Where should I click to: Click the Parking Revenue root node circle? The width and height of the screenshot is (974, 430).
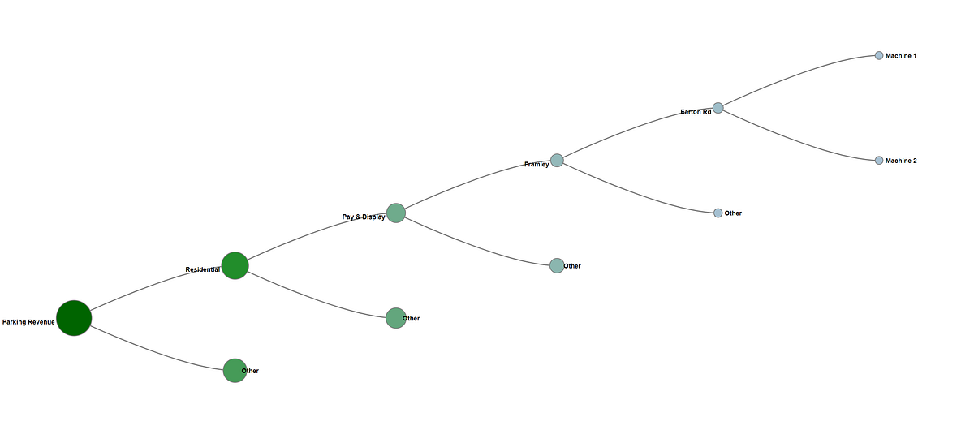pos(74,318)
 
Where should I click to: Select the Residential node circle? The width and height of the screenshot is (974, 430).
pos(235,265)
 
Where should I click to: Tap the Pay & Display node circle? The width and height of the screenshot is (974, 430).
pos(395,213)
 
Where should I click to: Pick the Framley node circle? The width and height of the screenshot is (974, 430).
pos(557,161)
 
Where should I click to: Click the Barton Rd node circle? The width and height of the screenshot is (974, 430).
pos(718,108)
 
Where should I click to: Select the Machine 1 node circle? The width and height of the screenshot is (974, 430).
pos(878,56)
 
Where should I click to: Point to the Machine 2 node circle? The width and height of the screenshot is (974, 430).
pos(878,161)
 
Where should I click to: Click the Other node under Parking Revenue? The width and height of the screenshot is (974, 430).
pos(235,371)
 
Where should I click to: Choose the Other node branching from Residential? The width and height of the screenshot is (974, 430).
pos(395,318)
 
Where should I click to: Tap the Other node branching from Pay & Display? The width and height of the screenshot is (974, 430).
pos(557,265)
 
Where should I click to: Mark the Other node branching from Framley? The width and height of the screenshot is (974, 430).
pos(718,213)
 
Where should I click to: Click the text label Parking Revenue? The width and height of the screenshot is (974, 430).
pos(28,322)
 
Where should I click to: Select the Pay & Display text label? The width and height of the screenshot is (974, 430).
pos(364,217)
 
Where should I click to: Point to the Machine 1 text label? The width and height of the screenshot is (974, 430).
pos(901,56)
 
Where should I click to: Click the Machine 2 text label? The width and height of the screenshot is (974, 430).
pos(901,161)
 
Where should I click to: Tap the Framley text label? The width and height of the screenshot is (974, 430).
pos(537,165)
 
